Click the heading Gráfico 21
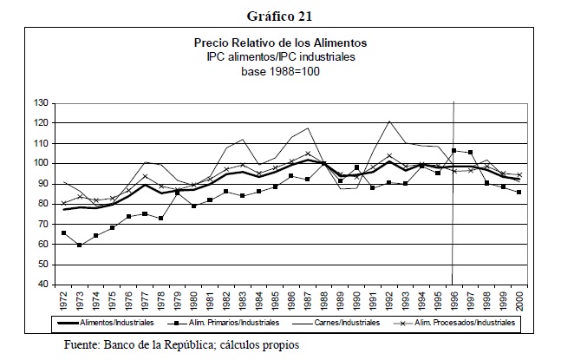click(280, 15)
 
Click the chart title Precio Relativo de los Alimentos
click(281, 43)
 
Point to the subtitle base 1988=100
click(281, 70)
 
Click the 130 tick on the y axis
click(41, 103)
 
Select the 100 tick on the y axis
click(41, 163)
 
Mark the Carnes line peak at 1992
click(389, 121)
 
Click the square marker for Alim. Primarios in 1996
click(453, 151)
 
